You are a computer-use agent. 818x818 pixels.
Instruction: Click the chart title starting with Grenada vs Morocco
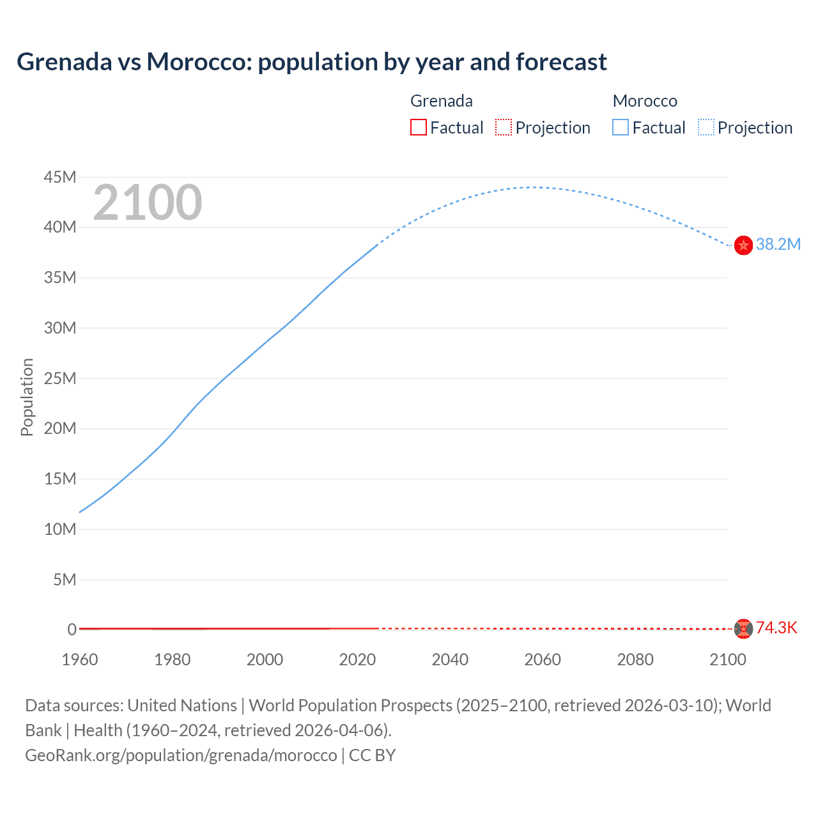(x=311, y=62)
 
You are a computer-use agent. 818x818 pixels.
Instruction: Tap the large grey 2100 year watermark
(x=148, y=203)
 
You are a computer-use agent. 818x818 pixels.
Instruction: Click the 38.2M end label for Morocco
(x=778, y=245)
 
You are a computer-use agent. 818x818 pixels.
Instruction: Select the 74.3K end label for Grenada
(x=776, y=628)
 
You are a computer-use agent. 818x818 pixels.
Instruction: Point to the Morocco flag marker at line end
(x=743, y=245)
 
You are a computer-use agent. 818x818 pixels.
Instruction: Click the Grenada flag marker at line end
(x=743, y=629)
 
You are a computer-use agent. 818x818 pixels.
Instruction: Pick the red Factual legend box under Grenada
(x=419, y=127)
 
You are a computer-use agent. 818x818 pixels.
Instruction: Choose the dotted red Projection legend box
(x=504, y=127)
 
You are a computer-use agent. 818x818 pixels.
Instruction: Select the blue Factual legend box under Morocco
(x=621, y=127)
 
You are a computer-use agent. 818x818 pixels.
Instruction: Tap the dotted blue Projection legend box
(x=706, y=127)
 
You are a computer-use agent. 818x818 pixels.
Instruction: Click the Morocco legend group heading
(x=645, y=101)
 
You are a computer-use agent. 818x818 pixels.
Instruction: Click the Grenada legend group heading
(x=442, y=101)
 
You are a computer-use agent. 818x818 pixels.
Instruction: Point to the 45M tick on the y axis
(x=60, y=177)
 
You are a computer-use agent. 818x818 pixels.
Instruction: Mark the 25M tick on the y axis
(x=60, y=378)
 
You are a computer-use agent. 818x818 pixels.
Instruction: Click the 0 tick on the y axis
(x=72, y=629)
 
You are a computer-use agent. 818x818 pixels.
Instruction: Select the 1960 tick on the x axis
(x=80, y=660)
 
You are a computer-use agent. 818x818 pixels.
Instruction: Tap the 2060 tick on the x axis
(x=543, y=660)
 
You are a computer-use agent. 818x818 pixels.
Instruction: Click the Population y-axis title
(x=27, y=397)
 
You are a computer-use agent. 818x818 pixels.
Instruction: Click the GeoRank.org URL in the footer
(x=181, y=755)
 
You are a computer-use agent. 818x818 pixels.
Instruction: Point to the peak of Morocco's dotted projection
(x=532, y=187)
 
